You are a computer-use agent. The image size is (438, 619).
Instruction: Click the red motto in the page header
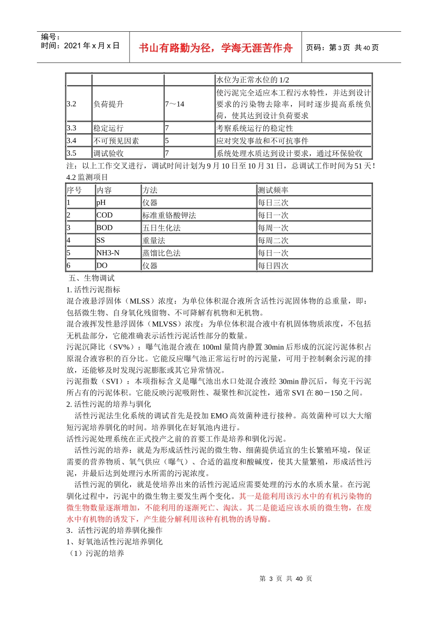click(215, 48)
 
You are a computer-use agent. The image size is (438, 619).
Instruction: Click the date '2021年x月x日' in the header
click(92, 46)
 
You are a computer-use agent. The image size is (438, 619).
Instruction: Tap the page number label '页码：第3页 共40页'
click(342, 47)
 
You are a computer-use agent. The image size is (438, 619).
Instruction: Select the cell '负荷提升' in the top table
click(109, 104)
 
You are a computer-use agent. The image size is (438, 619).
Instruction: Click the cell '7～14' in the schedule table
click(175, 104)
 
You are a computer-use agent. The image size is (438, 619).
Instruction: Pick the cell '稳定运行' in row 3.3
click(109, 128)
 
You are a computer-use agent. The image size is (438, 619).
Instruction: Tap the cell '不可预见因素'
click(116, 140)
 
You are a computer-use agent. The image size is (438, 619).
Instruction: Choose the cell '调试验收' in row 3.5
click(109, 153)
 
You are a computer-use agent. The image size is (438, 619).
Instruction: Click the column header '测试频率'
click(273, 190)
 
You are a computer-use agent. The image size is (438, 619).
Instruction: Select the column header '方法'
click(150, 190)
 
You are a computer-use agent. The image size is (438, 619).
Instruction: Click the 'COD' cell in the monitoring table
click(104, 215)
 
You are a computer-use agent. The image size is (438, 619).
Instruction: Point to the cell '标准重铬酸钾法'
click(169, 215)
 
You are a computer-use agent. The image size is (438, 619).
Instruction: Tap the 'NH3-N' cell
click(108, 253)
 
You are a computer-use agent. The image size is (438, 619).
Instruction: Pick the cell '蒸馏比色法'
click(161, 253)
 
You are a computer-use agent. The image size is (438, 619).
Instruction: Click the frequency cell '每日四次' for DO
click(273, 265)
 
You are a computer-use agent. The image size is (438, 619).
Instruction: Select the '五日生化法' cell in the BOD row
click(161, 228)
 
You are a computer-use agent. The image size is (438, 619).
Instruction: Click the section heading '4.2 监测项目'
click(87, 177)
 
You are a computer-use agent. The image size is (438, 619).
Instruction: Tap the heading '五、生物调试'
click(91, 278)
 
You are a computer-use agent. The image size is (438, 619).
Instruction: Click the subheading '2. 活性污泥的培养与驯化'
click(109, 404)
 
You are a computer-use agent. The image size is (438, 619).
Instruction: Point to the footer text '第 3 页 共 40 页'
click(286, 578)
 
